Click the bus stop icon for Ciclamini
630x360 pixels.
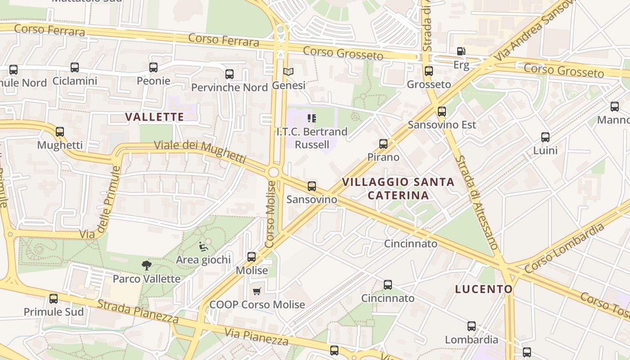75,67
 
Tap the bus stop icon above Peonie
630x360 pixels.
153,67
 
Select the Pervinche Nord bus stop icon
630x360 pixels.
229,74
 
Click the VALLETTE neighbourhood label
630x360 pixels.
154,117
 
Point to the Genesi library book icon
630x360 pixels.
288,72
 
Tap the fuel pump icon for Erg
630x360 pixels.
461,51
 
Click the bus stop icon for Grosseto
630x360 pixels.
429,71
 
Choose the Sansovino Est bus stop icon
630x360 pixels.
442,111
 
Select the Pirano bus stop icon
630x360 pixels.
383,144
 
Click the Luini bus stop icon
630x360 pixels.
545,137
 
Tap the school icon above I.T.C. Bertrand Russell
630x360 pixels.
312,118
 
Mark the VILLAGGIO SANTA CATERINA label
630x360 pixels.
398,189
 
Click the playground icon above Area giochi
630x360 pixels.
203,246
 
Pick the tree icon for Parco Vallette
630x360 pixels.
146,265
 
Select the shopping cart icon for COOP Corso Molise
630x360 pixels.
257,292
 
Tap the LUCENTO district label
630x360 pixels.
484,289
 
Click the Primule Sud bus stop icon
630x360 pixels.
54,298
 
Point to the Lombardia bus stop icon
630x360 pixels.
472,326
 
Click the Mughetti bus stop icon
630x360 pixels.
60,132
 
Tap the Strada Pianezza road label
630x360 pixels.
138,310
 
